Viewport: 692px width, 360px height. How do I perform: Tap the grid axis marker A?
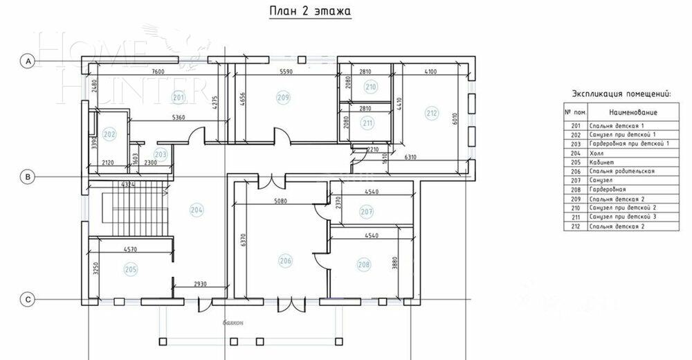28,62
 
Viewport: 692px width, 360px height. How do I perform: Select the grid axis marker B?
28,177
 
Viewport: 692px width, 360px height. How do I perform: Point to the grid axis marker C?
28,300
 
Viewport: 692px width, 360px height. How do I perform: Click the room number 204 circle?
197,210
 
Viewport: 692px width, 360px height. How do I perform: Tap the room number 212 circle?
432,114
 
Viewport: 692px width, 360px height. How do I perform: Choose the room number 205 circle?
130,269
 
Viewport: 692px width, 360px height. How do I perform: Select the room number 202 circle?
109,134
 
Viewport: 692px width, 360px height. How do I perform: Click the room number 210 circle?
371,87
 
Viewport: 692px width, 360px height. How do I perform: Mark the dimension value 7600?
158,71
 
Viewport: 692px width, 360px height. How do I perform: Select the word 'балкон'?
233,323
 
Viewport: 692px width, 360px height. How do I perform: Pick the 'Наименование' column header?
633,112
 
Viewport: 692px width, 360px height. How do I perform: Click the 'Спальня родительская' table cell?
621,170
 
